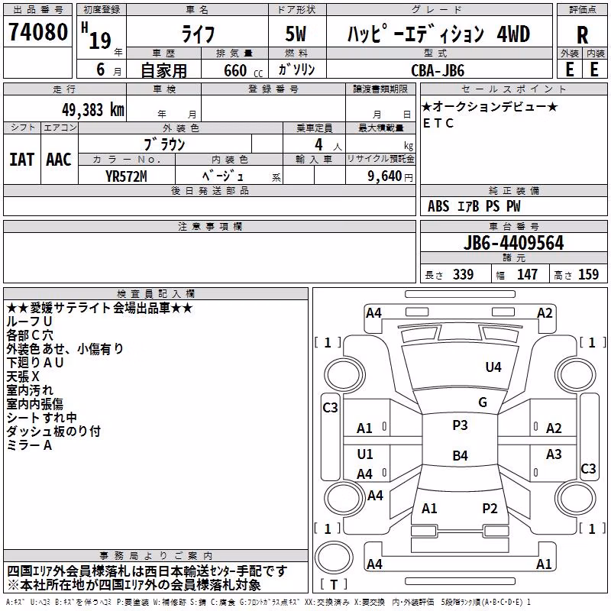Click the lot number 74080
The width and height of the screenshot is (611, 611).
pyautogui.click(x=38, y=32)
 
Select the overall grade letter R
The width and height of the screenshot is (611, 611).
pyautogui.click(x=582, y=35)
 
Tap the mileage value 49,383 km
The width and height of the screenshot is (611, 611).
pyautogui.click(x=92, y=110)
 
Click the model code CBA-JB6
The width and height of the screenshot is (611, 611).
pyautogui.click(x=438, y=70)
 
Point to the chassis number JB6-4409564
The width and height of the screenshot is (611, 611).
pyautogui.click(x=513, y=243)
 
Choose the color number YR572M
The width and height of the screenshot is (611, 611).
pyautogui.click(x=126, y=176)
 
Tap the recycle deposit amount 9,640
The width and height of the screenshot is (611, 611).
pyautogui.click(x=385, y=176)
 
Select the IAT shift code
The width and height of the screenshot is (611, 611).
pyautogui.click(x=22, y=160)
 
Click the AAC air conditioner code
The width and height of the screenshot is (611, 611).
pyautogui.click(x=59, y=160)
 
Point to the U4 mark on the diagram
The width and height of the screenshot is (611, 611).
pyautogui.click(x=493, y=367)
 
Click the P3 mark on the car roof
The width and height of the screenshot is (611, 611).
pyautogui.click(x=460, y=425)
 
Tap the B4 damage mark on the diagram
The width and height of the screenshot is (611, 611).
pyautogui.click(x=460, y=455)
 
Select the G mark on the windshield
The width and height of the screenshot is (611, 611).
pyautogui.click(x=483, y=402)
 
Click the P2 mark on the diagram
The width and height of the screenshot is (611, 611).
pyautogui.click(x=490, y=509)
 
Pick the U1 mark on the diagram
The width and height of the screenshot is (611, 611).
pyautogui.click(x=365, y=454)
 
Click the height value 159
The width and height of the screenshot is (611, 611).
pyautogui.click(x=588, y=274)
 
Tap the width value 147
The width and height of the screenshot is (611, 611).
pyautogui.click(x=527, y=274)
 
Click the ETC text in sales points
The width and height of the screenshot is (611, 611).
pyautogui.click(x=438, y=123)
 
